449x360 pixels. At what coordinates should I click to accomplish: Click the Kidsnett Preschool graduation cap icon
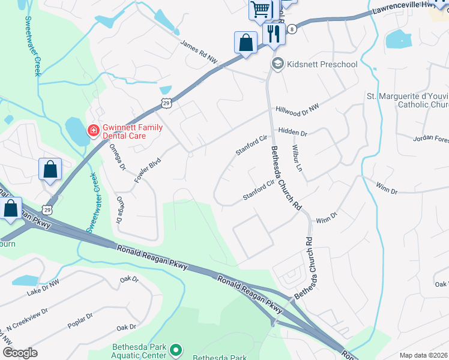277,64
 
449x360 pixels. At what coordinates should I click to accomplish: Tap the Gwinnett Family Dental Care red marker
93,130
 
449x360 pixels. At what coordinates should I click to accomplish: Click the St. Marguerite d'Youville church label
407,100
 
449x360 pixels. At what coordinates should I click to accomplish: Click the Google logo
20,353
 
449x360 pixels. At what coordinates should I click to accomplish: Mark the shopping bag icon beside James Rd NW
245,43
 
